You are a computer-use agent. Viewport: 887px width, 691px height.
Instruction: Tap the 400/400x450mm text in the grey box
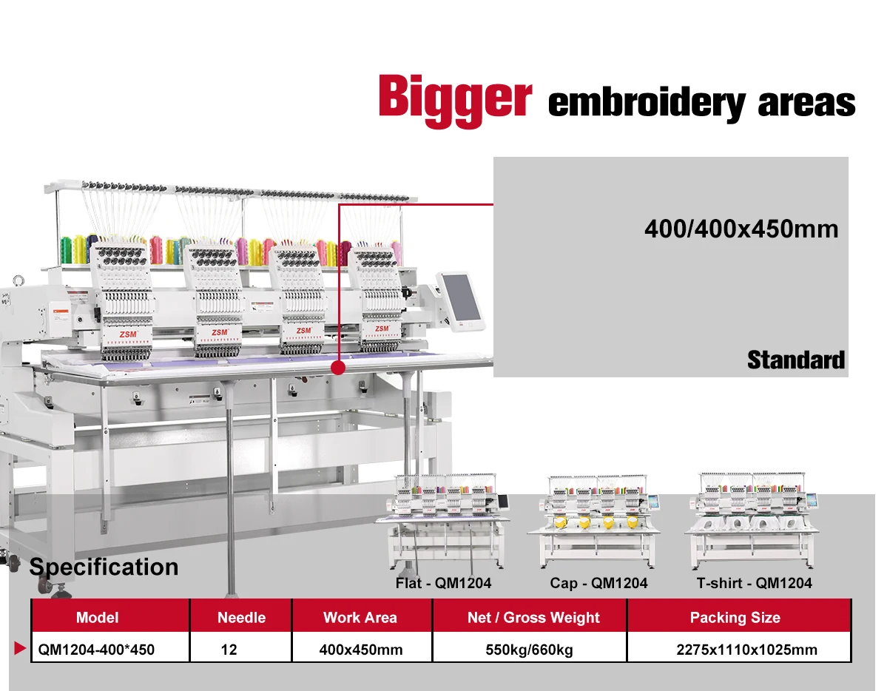tap(741, 229)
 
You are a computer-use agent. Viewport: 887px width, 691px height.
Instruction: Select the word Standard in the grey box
tap(795, 360)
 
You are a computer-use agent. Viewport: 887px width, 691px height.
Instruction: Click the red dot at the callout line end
tap(339, 367)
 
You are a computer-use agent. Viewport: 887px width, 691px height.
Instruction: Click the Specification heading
tap(104, 567)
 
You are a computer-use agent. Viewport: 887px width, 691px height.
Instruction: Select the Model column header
tap(97, 617)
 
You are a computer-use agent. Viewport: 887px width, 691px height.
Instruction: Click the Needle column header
tap(241, 617)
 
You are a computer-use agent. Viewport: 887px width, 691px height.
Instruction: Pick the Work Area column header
tap(360, 617)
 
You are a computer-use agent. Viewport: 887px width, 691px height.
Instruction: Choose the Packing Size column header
tap(735, 617)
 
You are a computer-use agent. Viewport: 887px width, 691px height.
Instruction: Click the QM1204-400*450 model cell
tap(97, 650)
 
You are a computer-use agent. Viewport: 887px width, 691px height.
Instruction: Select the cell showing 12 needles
tap(229, 650)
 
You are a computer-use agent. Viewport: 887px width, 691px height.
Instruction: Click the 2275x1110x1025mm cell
tap(746, 650)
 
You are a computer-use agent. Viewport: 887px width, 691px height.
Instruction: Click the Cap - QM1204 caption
tap(598, 583)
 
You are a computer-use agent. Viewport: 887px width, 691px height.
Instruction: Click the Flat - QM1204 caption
tap(443, 583)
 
